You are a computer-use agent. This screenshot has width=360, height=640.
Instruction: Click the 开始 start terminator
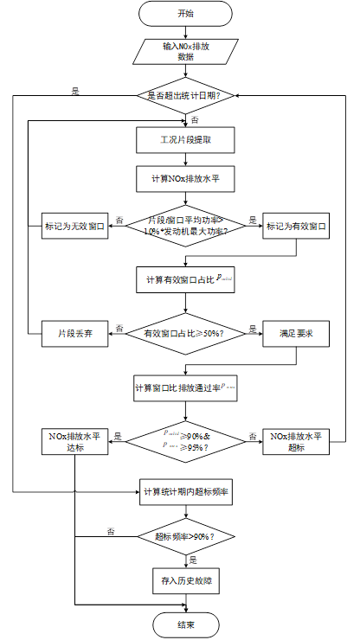[185, 14]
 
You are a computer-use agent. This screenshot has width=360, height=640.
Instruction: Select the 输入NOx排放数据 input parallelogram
[185, 51]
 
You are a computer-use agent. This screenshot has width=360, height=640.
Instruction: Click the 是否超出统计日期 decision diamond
[185, 95]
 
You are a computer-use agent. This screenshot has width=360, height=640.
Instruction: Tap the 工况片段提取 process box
[185, 139]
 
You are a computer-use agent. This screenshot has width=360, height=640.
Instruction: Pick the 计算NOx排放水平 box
[185, 180]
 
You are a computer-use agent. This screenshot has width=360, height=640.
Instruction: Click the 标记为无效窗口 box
[74, 227]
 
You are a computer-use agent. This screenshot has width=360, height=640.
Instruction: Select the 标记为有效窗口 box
[296, 227]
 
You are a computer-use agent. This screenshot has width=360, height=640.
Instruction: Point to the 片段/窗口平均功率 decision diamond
[185, 227]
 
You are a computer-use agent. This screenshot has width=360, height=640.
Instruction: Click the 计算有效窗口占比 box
[185, 280]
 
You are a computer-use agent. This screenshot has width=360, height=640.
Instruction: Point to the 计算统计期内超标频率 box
[185, 491]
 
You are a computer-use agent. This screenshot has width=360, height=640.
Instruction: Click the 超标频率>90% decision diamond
[185, 536]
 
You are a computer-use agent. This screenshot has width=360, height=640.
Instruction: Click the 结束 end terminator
[185, 624]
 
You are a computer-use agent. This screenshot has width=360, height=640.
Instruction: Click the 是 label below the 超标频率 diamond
[193, 559]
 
